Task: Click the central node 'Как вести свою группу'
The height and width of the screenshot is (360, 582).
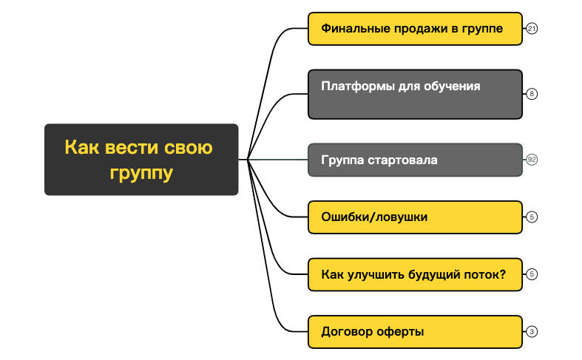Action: click(x=141, y=160)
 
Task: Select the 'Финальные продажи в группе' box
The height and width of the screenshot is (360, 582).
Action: click(x=415, y=30)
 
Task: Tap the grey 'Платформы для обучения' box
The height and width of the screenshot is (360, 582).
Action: click(x=415, y=94)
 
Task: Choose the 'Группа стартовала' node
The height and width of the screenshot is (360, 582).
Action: click(x=415, y=160)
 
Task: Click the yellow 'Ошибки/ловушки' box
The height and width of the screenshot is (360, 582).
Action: click(x=415, y=217)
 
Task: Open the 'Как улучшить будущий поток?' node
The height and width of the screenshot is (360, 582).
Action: click(x=415, y=274)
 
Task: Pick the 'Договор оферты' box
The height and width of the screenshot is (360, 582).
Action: click(x=415, y=331)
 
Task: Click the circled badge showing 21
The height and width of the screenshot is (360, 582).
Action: click(x=532, y=30)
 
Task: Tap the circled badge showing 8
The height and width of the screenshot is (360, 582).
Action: click(x=532, y=94)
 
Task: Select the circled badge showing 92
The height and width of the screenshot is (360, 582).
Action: click(x=532, y=160)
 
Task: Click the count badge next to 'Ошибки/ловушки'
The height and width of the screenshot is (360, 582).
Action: click(x=532, y=217)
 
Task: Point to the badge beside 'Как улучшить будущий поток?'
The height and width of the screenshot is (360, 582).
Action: click(x=532, y=274)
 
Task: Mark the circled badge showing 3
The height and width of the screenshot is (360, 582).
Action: click(x=532, y=331)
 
